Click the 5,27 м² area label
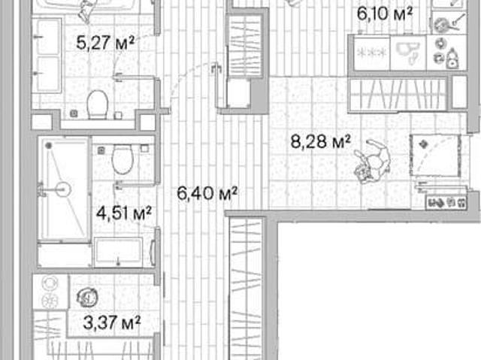(x=105, y=43)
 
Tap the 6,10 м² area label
(x=385, y=14)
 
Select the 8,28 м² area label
(x=320, y=142)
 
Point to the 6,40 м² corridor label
(x=207, y=193)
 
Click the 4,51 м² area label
(x=124, y=213)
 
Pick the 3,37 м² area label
(x=112, y=322)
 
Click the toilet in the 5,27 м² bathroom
(x=98, y=104)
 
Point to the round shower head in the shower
(x=63, y=189)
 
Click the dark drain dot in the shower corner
(x=48, y=145)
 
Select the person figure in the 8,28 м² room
(x=373, y=161)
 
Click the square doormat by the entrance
(x=436, y=156)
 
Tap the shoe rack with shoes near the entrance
(x=447, y=203)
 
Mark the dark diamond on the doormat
(x=424, y=144)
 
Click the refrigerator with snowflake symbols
(x=372, y=53)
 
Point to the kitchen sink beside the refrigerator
(x=408, y=53)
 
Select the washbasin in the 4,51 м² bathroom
(x=118, y=252)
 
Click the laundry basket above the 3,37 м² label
(x=88, y=297)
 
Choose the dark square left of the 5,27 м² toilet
(x=74, y=113)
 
